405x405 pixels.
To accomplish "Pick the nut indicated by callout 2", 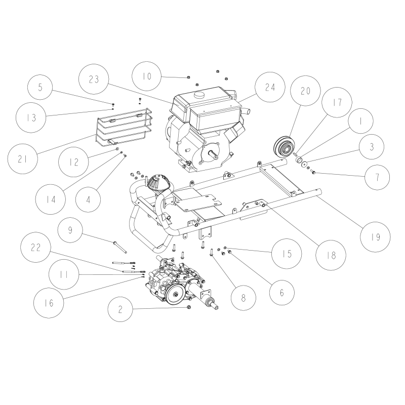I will [189, 307].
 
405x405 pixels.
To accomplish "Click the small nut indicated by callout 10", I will [188, 77].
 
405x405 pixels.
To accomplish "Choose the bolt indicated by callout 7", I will [314, 173].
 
